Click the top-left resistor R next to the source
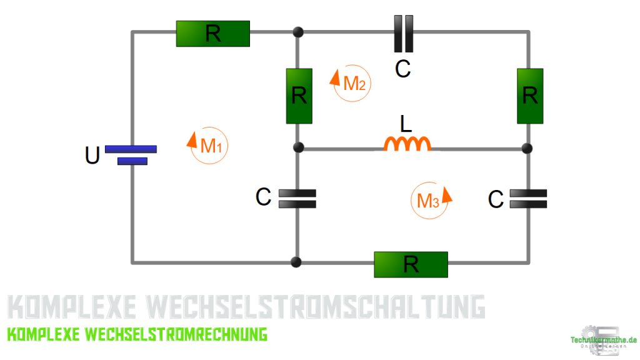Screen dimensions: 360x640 coord(212,34)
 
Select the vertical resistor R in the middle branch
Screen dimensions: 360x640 coord(299,96)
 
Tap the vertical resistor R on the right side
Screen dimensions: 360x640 coord(529,96)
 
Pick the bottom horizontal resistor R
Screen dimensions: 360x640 coord(411,264)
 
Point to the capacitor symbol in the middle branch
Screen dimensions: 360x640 coord(297,198)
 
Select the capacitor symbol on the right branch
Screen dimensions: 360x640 coord(528,199)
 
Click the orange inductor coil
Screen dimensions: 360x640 coord(407,144)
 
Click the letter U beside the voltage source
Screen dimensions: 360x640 coord(92,156)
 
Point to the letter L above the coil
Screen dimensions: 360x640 coord(406,124)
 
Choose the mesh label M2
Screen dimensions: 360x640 coord(352,83)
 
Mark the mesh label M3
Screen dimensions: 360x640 coord(430,201)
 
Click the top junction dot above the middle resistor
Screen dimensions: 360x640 coord(298,32)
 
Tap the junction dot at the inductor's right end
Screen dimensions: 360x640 coord(527,148)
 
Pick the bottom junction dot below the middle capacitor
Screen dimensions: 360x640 coord(297,262)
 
